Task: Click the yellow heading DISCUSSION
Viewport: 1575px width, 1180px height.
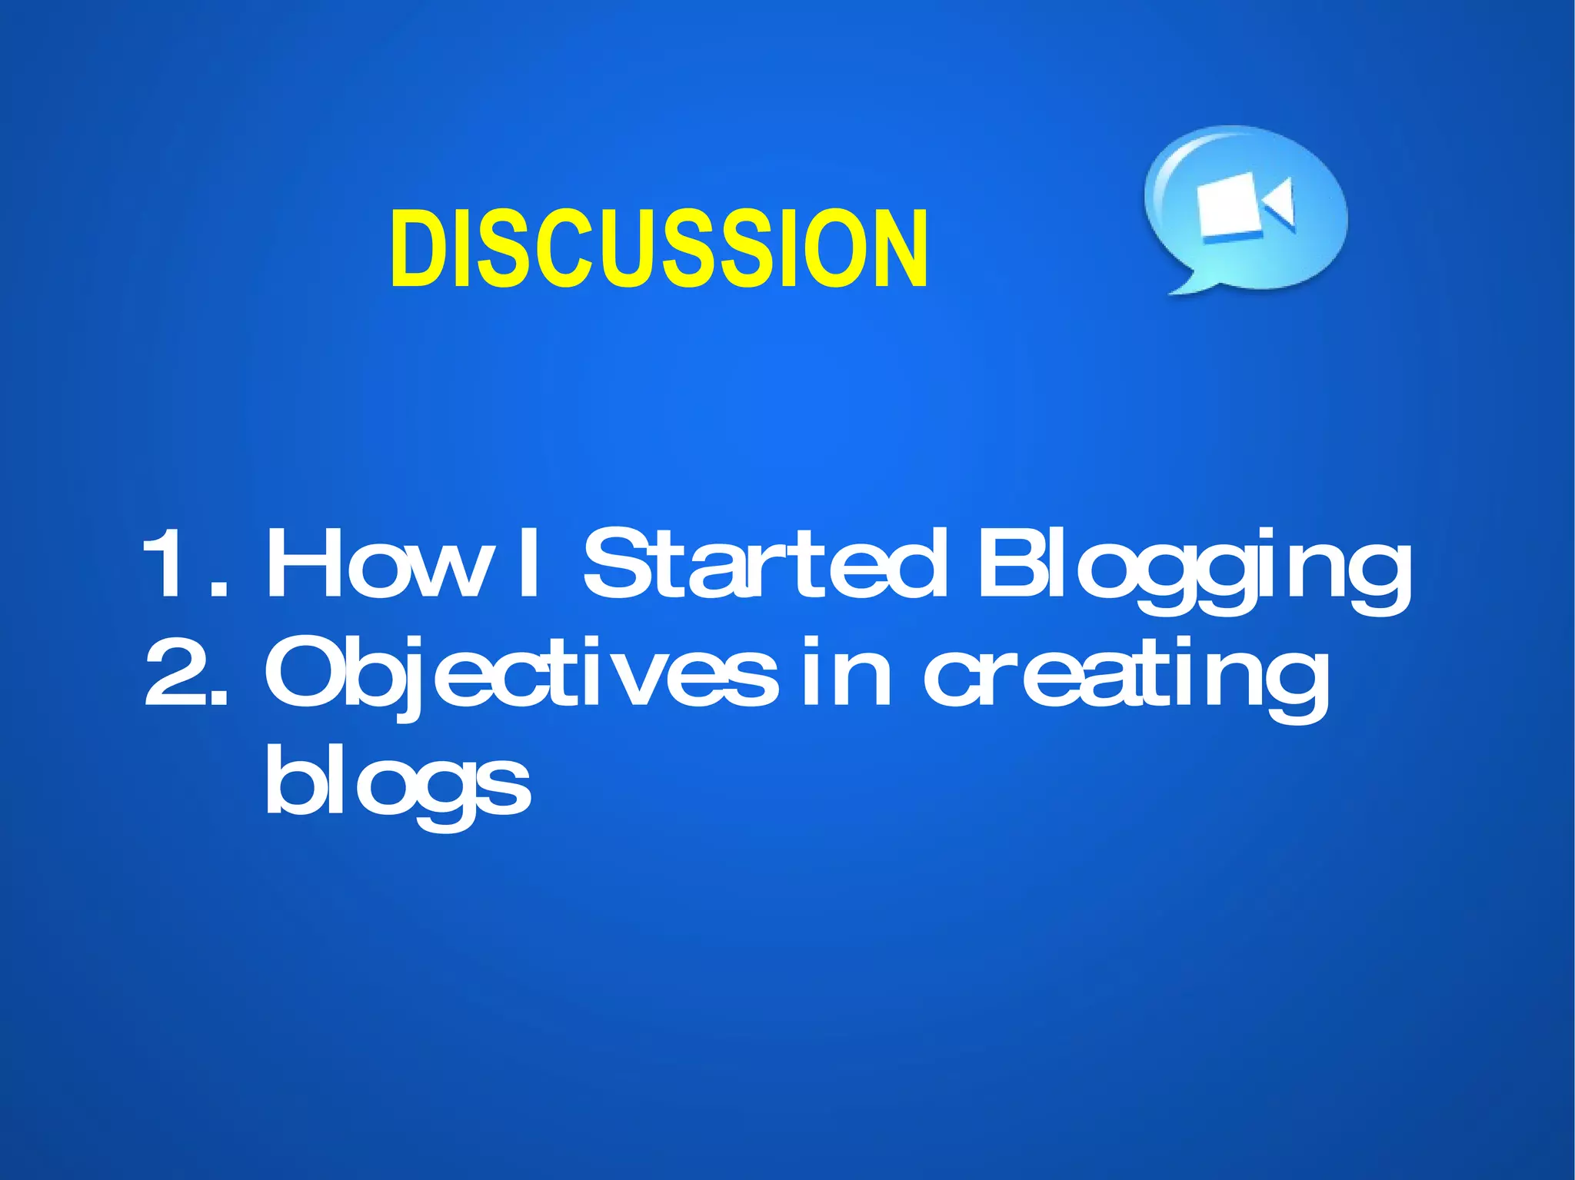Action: click(659, 249)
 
